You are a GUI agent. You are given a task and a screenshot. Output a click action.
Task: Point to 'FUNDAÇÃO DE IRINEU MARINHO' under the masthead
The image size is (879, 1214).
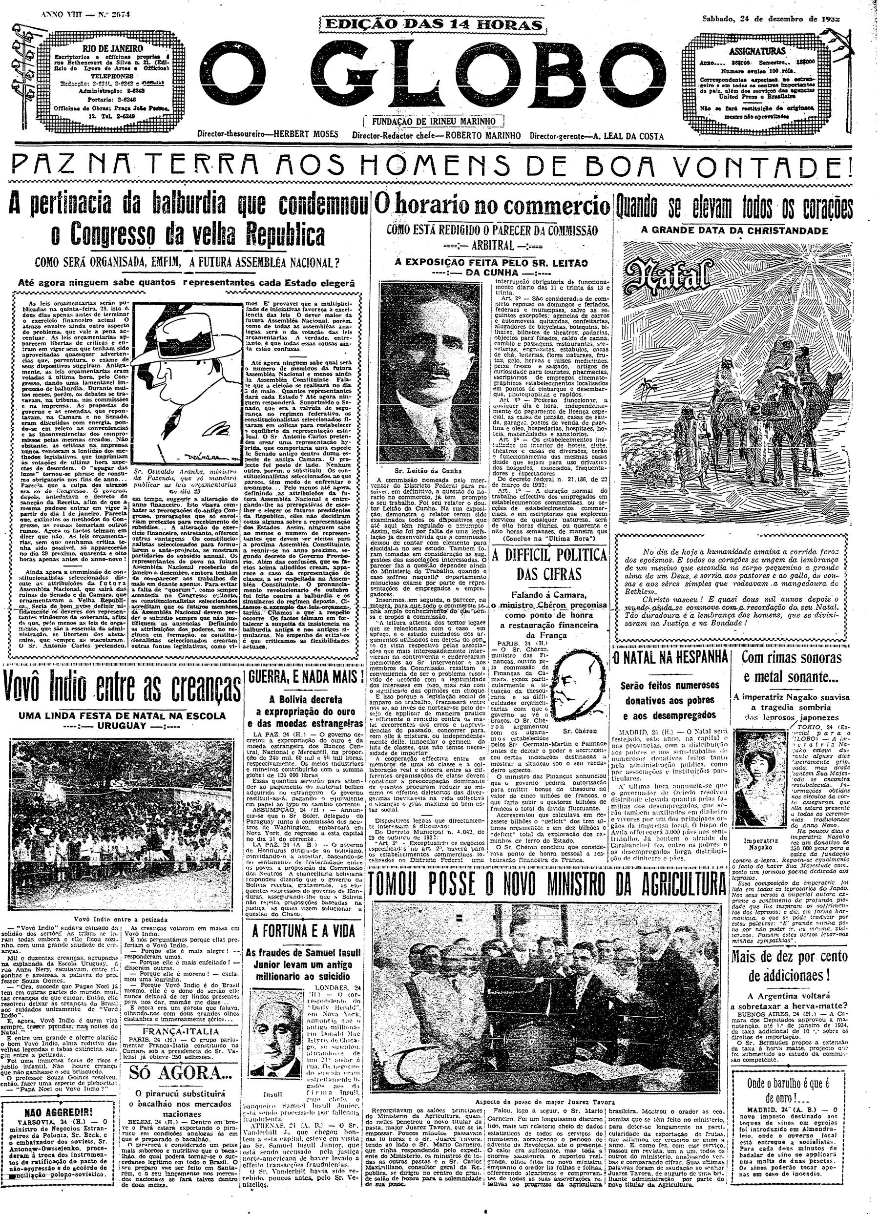pos(433,122)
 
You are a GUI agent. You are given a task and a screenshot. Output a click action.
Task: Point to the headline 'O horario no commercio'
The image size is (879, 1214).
pos(491,205)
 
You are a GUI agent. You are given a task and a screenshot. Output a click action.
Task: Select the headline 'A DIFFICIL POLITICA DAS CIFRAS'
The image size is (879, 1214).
pos(549,564)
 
